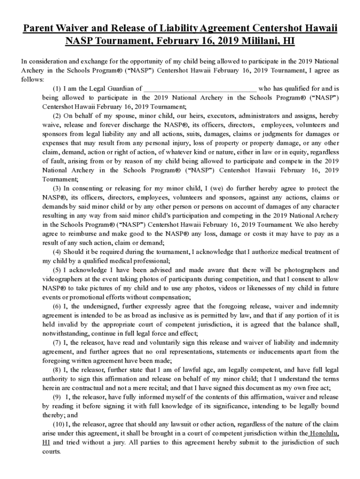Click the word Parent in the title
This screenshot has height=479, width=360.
(39, 29)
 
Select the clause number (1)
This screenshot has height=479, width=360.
(58, 88)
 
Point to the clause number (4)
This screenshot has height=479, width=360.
(58, 252)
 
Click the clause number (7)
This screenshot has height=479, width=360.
(58, 342)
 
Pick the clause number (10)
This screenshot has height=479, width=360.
(59, 424)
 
